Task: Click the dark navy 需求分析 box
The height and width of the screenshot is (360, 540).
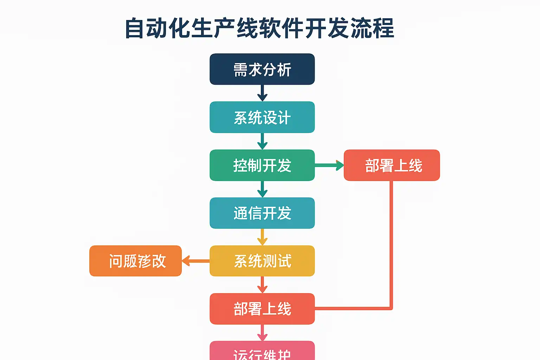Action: click(x=262, y=69)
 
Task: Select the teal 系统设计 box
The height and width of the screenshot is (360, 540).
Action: click(x=262, y=117)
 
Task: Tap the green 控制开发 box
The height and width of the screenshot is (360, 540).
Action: click(x=262, y=165)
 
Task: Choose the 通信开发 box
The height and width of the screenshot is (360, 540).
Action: click(x=262, y=213)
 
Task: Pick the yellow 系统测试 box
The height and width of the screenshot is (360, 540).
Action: click(x=262, y=261)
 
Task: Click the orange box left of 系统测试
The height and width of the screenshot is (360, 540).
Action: click(x=136, y=261)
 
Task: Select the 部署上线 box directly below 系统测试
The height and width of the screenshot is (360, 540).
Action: click(x=262, y=309)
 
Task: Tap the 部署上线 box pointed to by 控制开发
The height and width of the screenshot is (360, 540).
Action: click(x=392, y=165)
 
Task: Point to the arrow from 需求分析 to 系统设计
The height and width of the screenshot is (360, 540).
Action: click(x=262, y=93)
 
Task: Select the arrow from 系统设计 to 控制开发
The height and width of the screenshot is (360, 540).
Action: click(x=262, y=141)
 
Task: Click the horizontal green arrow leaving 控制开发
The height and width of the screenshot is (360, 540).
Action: click(x=329, y=165)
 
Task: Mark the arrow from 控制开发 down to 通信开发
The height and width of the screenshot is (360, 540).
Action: click(x=262, y=189)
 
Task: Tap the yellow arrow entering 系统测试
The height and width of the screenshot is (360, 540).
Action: click(x=262, y=237)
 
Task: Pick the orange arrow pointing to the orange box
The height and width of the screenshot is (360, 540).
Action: click(x=195, y=261)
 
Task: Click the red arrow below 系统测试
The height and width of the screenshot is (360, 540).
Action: click(x=262, y=285)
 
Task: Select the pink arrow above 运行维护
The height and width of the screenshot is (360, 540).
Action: click(x=262, y=333)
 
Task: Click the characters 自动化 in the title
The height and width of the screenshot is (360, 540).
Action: click(x=158, y=28)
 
